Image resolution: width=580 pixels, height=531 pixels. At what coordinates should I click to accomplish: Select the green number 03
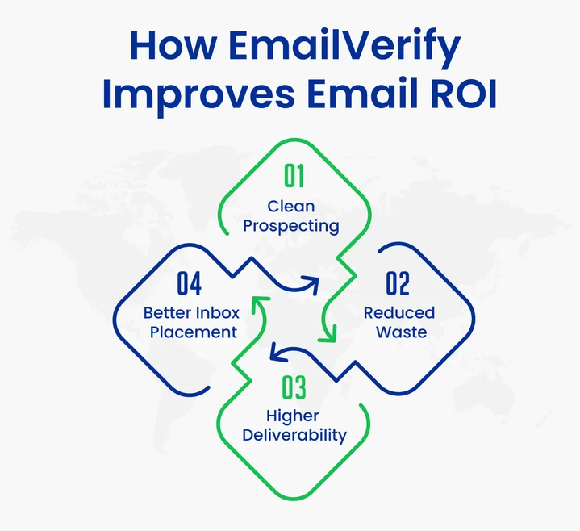[x=294, y=387]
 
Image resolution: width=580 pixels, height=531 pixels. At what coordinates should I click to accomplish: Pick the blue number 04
[x=189, y=284]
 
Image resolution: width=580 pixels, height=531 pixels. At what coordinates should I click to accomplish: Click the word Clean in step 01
[x=291, y=207]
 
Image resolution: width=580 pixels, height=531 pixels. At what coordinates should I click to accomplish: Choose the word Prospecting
[x=291, y=227]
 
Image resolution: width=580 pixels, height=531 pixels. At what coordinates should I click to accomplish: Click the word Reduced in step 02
[x=398, y=313]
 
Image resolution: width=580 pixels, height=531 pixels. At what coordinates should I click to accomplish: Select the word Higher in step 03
[x=293, y=416]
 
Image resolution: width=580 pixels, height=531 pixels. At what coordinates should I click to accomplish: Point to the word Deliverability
[x=294, y=436]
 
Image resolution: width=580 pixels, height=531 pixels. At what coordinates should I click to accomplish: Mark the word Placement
[x=190, y=332]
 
